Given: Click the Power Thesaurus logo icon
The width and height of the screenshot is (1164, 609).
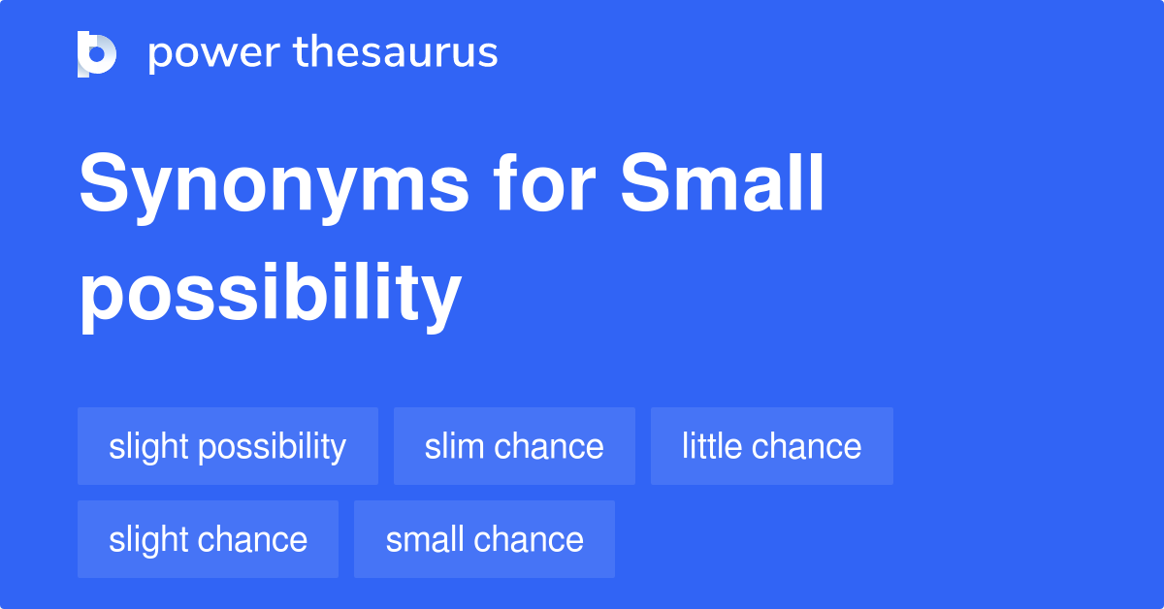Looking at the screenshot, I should (x=97, y=53).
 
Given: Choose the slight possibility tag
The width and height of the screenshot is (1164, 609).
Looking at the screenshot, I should (x=228, y=446).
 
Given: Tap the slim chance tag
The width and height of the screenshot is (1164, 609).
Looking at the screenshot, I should (x=514, y=446).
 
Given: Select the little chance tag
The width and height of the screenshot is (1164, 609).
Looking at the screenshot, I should (x=771, y=446).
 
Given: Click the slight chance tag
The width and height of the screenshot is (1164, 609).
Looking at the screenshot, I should (x=208, y=539).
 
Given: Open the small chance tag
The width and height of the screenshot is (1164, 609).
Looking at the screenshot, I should (x=484, y=539).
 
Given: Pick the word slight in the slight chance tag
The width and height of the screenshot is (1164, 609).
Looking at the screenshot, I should (x=148, y=539).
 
